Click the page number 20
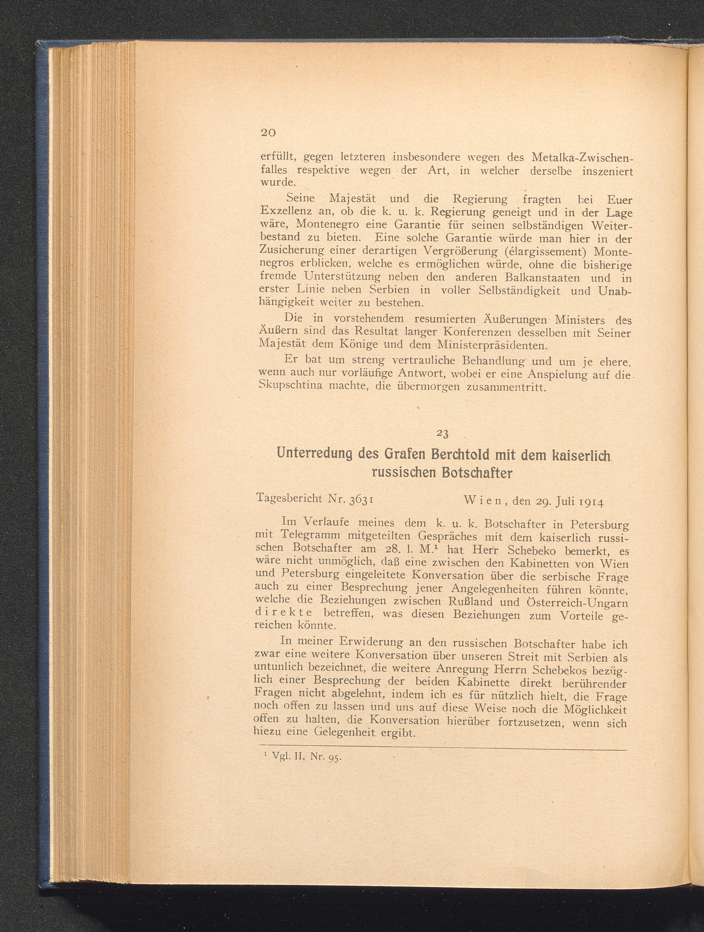[268, 132]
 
